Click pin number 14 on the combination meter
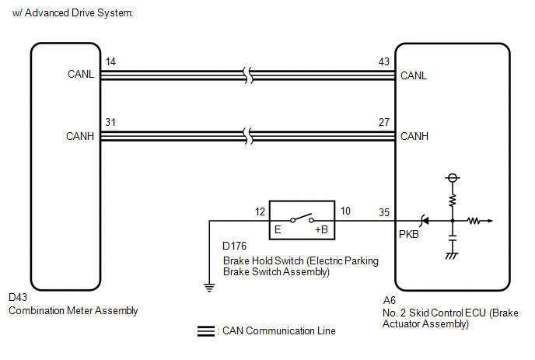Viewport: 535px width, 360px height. click(110, 61)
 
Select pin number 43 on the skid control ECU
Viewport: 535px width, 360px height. click(384, 61)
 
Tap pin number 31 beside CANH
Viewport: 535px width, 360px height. click(110, 122)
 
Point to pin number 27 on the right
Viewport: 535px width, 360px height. click(384, 122)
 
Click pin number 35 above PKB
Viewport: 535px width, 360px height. click(384, 212)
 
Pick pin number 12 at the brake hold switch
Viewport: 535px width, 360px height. click(260, 211)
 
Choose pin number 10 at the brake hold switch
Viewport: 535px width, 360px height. click(345, 211)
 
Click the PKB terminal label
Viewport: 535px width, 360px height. click(409, 234)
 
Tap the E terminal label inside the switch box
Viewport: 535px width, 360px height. click(278, 229)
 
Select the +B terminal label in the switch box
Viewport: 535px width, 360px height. click(321, 229)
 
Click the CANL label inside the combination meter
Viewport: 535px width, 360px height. click(81, 74)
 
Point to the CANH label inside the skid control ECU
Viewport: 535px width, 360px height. click(414, 136)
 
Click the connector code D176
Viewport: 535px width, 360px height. click(234, 246)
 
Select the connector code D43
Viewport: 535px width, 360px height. click(18, 297)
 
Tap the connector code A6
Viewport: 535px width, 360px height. click(390, 300)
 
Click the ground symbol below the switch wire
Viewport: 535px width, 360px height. click(209, 288)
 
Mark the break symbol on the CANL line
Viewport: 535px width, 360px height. click(248, 75)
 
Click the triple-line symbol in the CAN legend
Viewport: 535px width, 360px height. click(206, 331)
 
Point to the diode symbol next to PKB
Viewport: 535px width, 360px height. click(425, 221)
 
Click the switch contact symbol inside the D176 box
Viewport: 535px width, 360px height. click(302, 218)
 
